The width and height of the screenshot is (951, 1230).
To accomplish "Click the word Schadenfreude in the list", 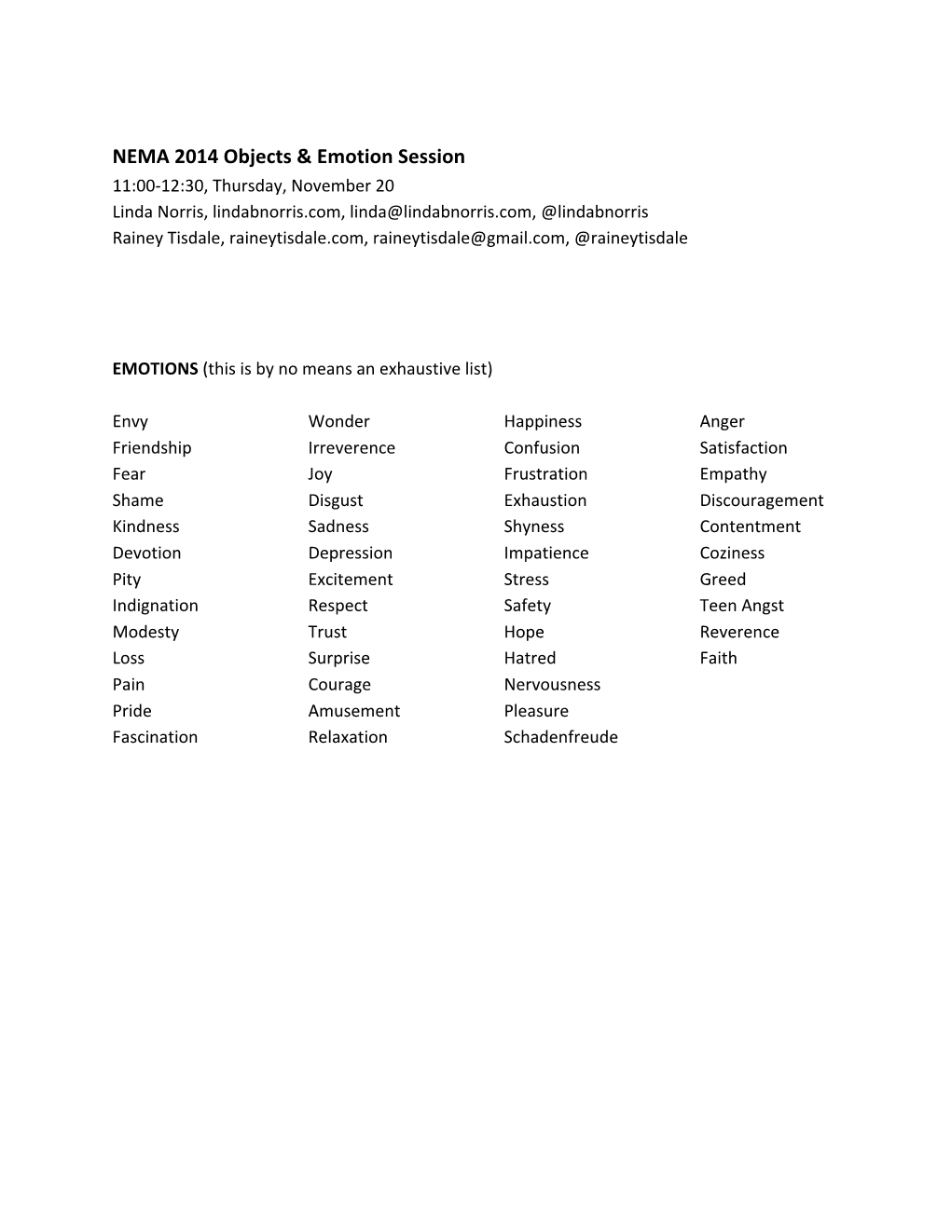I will [x=560, y=737].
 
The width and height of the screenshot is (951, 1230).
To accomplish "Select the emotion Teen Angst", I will [x=741, y=606].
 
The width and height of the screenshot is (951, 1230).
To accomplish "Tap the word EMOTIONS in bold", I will [x=155, y=369].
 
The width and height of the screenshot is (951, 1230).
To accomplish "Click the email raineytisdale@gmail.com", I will [x=469, y=238].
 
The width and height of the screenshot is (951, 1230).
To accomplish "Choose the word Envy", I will [x=131, y=422].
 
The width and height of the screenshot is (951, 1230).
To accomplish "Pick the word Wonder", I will [x=338, y=422].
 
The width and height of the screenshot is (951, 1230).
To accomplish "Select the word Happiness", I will [x=543, y=422].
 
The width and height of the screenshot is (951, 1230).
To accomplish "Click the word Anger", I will [x=722, y=422].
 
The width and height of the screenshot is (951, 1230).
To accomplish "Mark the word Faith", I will [x=718, y=658].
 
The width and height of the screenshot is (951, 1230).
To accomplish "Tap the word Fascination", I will [x=155, y=737].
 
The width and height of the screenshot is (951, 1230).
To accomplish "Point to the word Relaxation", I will [x=348, y=737].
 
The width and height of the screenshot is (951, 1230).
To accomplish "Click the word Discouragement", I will [x=761, y=500].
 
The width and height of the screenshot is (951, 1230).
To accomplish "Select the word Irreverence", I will [x=351, y=448].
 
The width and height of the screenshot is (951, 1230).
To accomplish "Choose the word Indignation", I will [x=155, y=606].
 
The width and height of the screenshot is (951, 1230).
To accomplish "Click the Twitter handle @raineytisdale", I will [x=631, y=238].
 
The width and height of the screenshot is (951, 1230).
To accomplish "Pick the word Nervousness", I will [x=552, y=685].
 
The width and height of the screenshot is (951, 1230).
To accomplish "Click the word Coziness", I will [x=732, y=553].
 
